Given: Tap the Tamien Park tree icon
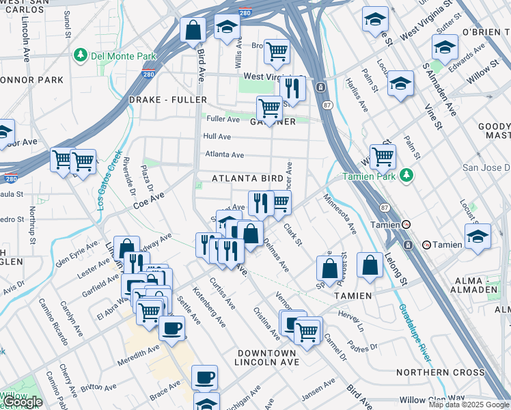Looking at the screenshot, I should [407, 175].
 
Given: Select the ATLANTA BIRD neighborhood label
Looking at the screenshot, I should [247, 178].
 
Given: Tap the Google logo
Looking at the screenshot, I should [23, 402].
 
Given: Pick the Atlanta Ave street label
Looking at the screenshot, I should [224, 155].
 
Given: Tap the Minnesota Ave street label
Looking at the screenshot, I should [340, 213].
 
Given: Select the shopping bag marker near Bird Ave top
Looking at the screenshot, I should [193, 29].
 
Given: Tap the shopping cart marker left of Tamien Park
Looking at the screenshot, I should [383, 156].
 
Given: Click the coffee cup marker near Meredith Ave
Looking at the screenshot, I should [171, 327].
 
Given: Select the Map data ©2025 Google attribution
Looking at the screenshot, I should [469, 405].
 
